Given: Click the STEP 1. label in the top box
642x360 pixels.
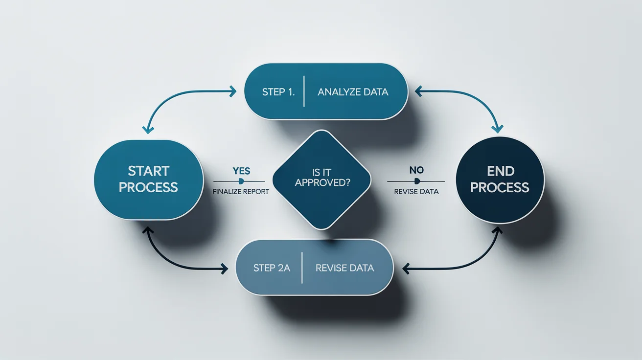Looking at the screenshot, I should [278, 92].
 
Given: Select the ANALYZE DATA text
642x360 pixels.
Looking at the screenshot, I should [353, 92].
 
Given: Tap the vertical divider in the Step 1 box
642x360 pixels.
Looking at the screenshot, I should [304, 91].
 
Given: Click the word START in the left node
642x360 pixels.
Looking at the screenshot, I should [148, 171].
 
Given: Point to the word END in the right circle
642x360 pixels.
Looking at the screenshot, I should [501, 171].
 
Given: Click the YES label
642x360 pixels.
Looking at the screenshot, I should [241, 171].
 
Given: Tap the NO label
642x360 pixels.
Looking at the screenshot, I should [416, 170].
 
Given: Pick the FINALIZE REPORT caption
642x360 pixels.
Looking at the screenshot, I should [241, 192].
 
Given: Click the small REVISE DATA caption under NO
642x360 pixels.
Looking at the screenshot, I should [416, 192].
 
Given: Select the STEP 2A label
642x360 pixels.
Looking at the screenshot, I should [272, 268].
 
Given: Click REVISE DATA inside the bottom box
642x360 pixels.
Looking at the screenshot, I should [344, 268].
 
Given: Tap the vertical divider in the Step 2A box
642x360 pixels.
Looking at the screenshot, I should [302, 268].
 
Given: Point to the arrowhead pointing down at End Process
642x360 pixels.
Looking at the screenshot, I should [498, 129].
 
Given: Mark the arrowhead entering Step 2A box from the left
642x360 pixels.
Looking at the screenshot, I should [224, 268].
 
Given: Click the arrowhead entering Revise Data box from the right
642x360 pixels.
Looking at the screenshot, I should [406, 268].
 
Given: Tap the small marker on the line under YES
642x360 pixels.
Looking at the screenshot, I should [241, 181].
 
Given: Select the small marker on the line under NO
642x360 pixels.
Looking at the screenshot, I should [416, 181].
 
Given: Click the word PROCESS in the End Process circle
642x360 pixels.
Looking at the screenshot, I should [501, 187].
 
